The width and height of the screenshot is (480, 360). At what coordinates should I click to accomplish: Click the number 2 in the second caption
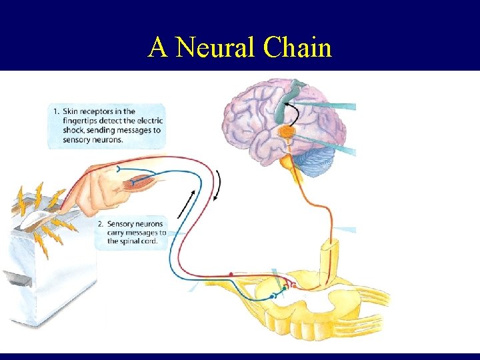(x=100, y=224)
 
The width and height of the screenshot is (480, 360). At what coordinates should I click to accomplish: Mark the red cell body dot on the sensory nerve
(x=231, y=273)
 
